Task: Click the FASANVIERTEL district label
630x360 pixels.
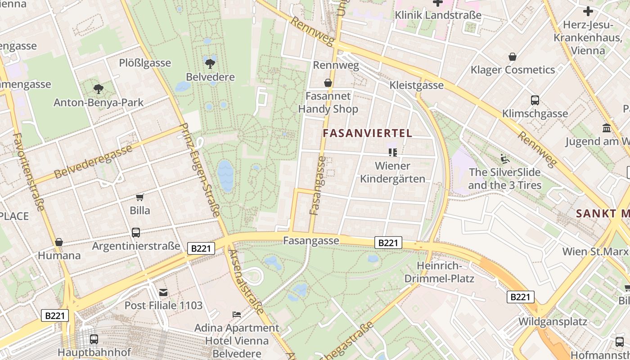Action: click(367, 133)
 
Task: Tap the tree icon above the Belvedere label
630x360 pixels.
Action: click(210, 63)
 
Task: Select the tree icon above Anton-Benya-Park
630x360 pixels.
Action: click(98, 89)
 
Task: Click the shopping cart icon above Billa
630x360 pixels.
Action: click(140, 197)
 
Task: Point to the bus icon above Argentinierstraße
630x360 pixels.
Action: click(136, 233)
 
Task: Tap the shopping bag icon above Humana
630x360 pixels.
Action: click(59, 242)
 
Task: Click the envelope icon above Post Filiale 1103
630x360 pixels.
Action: click(163, 292)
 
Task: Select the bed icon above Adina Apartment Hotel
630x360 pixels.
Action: click(237, 314)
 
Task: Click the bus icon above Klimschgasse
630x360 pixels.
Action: click(535, 100)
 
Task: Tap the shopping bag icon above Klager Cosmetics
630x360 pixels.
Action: click(513, 57)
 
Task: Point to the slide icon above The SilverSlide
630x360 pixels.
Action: click(505, 159)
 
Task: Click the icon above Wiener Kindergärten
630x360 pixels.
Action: click(393, 153)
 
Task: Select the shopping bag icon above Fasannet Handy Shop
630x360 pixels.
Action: click(328, 83)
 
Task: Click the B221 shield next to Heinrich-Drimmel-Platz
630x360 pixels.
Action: click(388, 243)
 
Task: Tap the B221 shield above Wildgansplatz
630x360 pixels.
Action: click(521, 297)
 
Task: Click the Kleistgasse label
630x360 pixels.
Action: click(416, 85)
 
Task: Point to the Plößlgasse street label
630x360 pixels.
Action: click(145, 63)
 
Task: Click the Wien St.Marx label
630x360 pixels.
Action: click(595, 251)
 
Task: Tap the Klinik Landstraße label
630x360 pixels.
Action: click(438, 15)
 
